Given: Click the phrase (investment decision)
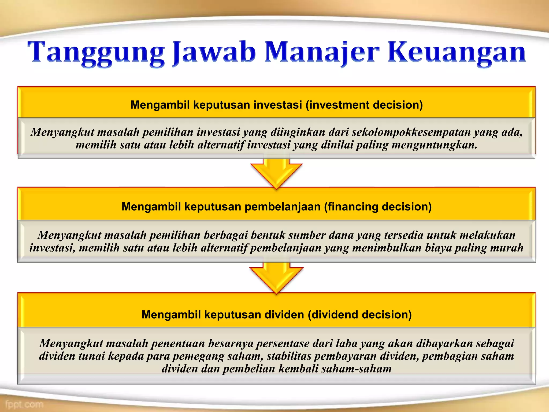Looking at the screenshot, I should [364, 105].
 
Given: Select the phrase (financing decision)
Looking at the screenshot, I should [378, 207].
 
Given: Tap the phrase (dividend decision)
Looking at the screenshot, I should [360, 315].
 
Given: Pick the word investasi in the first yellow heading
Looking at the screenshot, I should [278, 105].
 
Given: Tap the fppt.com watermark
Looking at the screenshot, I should [24, 404].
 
